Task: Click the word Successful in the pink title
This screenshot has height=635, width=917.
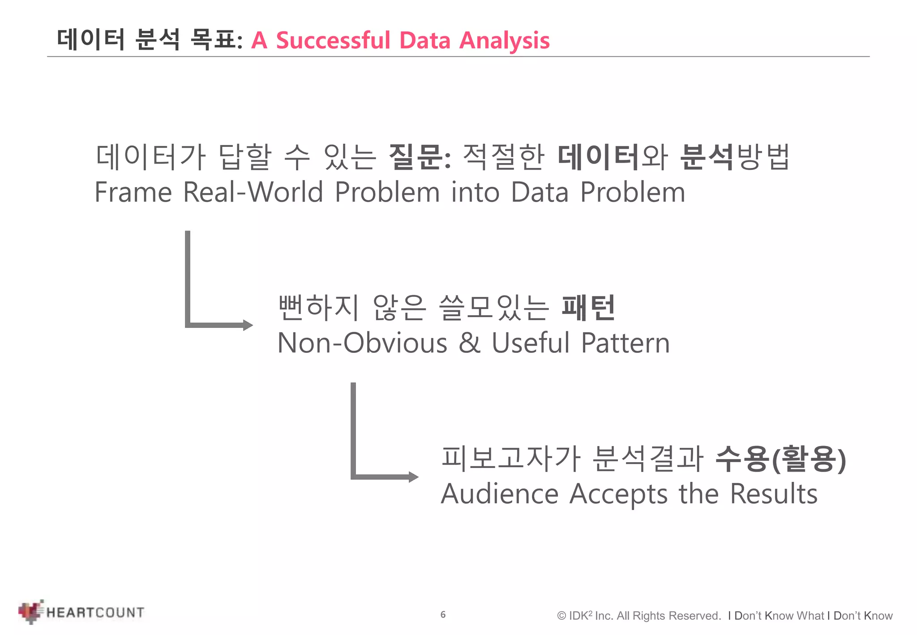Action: tap(333, 40)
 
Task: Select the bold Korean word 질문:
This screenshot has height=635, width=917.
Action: tap(420, 157)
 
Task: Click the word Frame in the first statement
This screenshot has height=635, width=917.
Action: tap(133, 192)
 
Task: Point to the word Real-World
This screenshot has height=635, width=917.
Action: tap(253, 192)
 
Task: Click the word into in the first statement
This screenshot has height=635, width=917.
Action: tap(475, 192)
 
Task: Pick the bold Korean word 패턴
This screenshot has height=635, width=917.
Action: tap(588, 308)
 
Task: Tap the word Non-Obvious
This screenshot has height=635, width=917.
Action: tap(362, 343)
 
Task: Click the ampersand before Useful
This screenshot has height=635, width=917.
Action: tap(469, 343)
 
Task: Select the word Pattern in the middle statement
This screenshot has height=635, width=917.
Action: tap(625, 343)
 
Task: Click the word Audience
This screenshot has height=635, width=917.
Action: tap(500, 494)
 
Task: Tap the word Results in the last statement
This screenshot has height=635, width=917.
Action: tap(773, 494)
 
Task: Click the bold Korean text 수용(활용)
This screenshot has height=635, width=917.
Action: tap(780, 459)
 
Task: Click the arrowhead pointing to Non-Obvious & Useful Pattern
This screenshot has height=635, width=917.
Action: tap(248, 325)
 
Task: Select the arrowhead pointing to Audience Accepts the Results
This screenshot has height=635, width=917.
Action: tap(413, 477)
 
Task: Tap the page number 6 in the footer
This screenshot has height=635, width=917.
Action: tap(443, 615)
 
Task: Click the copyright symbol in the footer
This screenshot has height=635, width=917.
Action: tap(561, 616)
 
